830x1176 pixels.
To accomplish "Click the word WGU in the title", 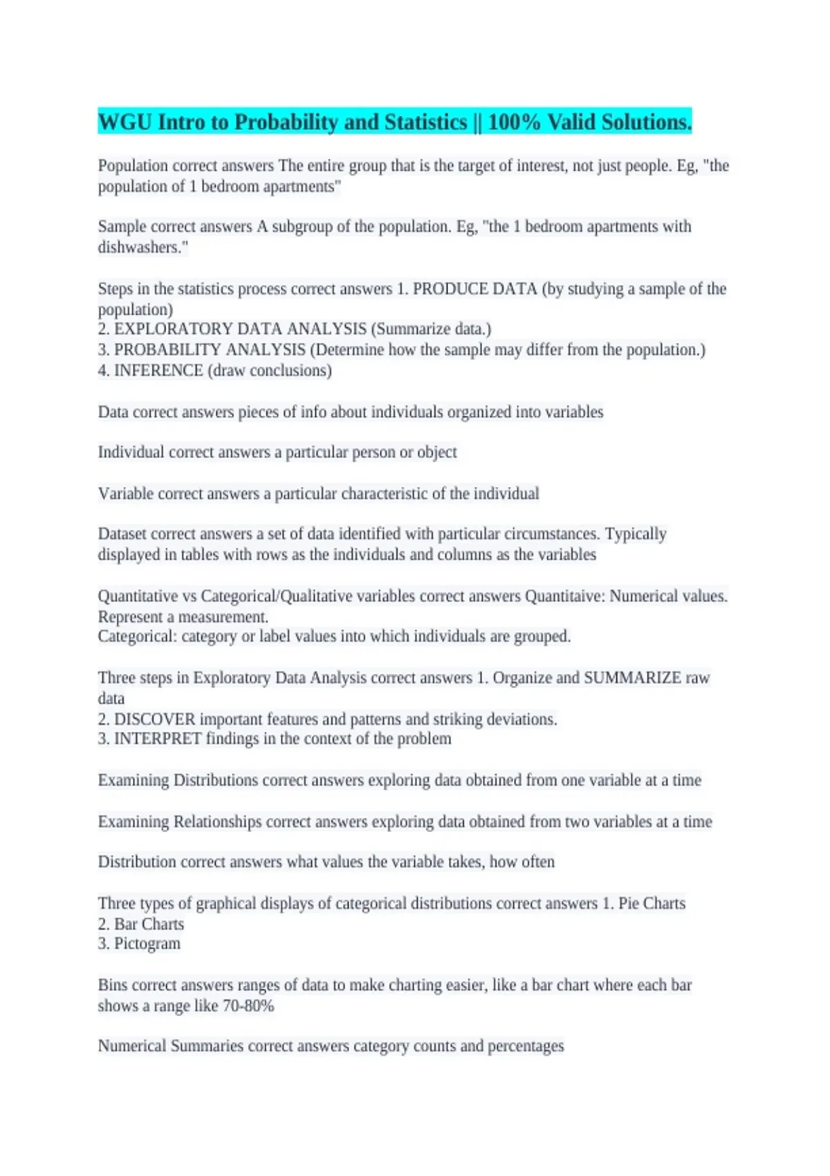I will point(124,122).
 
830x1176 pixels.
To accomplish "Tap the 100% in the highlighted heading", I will point(514,122).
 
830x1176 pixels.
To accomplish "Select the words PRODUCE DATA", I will point(474,289).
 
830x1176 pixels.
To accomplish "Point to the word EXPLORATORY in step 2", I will point(171,329).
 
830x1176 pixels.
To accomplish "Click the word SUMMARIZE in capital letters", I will point(632,678).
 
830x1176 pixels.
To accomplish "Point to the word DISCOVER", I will point(154,719).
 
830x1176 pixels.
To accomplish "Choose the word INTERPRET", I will point(158,739).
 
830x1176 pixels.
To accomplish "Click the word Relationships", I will point(217,822).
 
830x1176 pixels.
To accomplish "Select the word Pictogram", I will point(147,944).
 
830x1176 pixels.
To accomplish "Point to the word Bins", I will point(112,985).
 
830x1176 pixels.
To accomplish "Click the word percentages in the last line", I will point(526,1046).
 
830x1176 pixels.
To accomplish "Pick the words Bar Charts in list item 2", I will point(149,924).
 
